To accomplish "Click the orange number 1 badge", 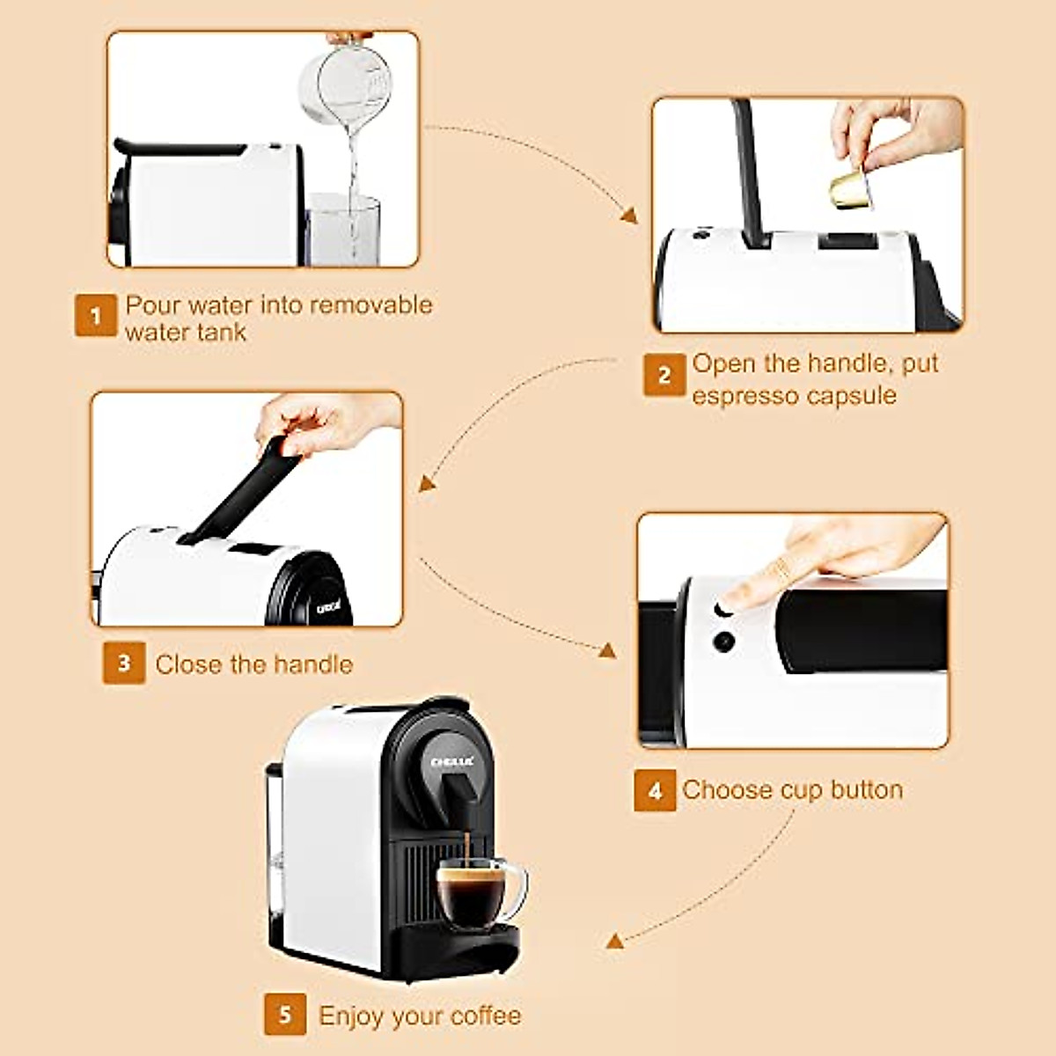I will tap(95, 315).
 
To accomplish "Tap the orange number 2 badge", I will tap(664, 375).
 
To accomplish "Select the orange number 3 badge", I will tap(124, 663).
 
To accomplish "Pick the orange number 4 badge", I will tap(655, 790).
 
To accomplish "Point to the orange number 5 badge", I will tap(285, 1015).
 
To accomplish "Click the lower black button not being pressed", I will tap(723, 642).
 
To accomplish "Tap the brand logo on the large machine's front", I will tap(452, 761).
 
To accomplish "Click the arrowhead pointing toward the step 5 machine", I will tap(615, 941).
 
